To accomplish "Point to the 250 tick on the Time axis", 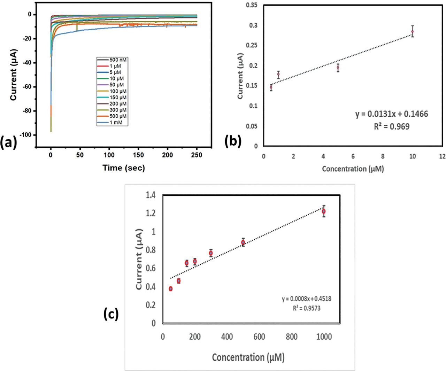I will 197,155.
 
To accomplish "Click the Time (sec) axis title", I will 124,168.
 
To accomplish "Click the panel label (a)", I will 9,142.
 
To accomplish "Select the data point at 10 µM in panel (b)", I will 413,31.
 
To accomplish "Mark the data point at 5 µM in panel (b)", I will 338,68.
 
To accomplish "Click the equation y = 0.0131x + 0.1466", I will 392,114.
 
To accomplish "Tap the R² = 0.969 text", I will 392,126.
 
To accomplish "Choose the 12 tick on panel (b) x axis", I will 443,156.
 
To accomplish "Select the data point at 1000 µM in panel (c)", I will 324,211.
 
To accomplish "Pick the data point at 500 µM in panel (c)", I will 243,242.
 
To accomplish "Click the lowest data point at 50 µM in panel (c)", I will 170,289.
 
